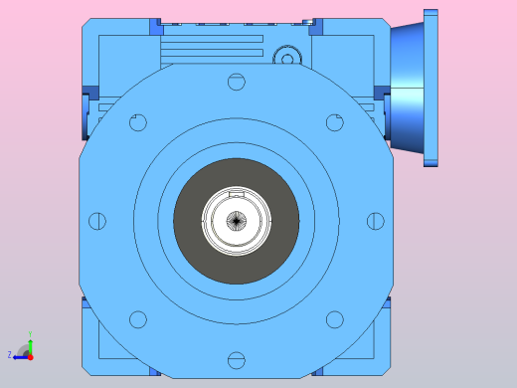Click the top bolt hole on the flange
(x=236, y=82)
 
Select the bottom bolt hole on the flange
(x=236, y=359)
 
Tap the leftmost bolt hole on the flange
(x=97, y=221)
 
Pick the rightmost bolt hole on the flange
(x=375, y=221)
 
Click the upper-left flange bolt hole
(x=138, y=122)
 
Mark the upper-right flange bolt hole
(x=334, y=122)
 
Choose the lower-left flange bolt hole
(x=138, y=318)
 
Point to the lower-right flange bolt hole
(x=334, y=318)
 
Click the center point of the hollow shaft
(x=236, y=221)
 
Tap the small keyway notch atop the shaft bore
(x=236, y=191)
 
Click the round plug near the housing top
(x=287, y=58)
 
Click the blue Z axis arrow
(x=19, y=355)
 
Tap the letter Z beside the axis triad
(x=9, y=354)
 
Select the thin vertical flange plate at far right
(x=431, y=88)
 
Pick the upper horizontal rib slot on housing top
(x=211, y=39)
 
